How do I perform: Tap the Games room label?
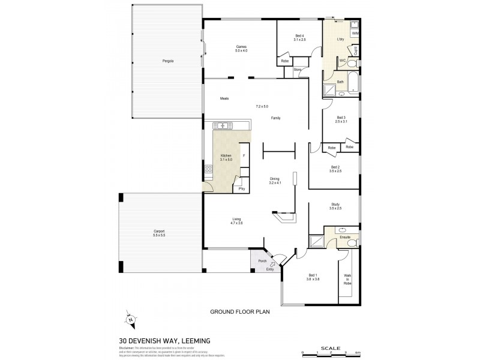241,47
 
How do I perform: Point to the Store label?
297,70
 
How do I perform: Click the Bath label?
340,82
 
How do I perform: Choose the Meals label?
224,98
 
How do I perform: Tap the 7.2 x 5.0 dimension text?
262,106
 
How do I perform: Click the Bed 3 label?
341,118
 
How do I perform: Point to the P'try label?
241,189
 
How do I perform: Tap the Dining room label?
275,179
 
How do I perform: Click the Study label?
335,205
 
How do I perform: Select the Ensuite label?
345,238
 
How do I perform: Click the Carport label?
159,232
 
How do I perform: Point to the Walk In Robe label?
347,279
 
